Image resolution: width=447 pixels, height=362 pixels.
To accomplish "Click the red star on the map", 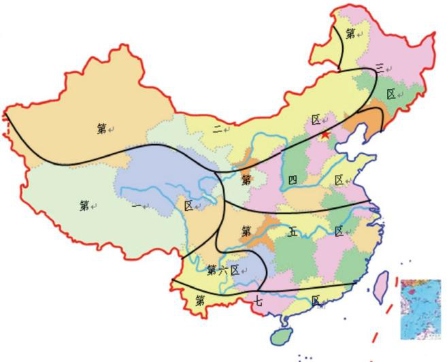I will [326, 136].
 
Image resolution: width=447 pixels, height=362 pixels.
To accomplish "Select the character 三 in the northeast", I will [380, 68].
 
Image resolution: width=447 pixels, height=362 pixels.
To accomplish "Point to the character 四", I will [292, 180].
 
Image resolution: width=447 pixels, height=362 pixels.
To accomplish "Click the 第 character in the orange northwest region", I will [101, 127].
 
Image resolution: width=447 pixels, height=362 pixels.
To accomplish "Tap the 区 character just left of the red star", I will [316, 120].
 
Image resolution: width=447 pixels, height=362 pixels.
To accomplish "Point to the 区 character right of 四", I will [339, 180].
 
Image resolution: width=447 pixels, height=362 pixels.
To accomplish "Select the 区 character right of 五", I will [338, 231].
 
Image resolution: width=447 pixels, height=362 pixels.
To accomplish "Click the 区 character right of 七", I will [316, 300].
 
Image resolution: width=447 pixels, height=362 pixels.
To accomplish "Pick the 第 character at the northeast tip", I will [350, 33].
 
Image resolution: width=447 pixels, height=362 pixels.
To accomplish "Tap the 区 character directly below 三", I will [391, 94].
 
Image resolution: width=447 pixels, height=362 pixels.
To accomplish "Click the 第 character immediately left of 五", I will [246, 231].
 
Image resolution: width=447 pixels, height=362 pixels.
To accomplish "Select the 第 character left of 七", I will [200, 299].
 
